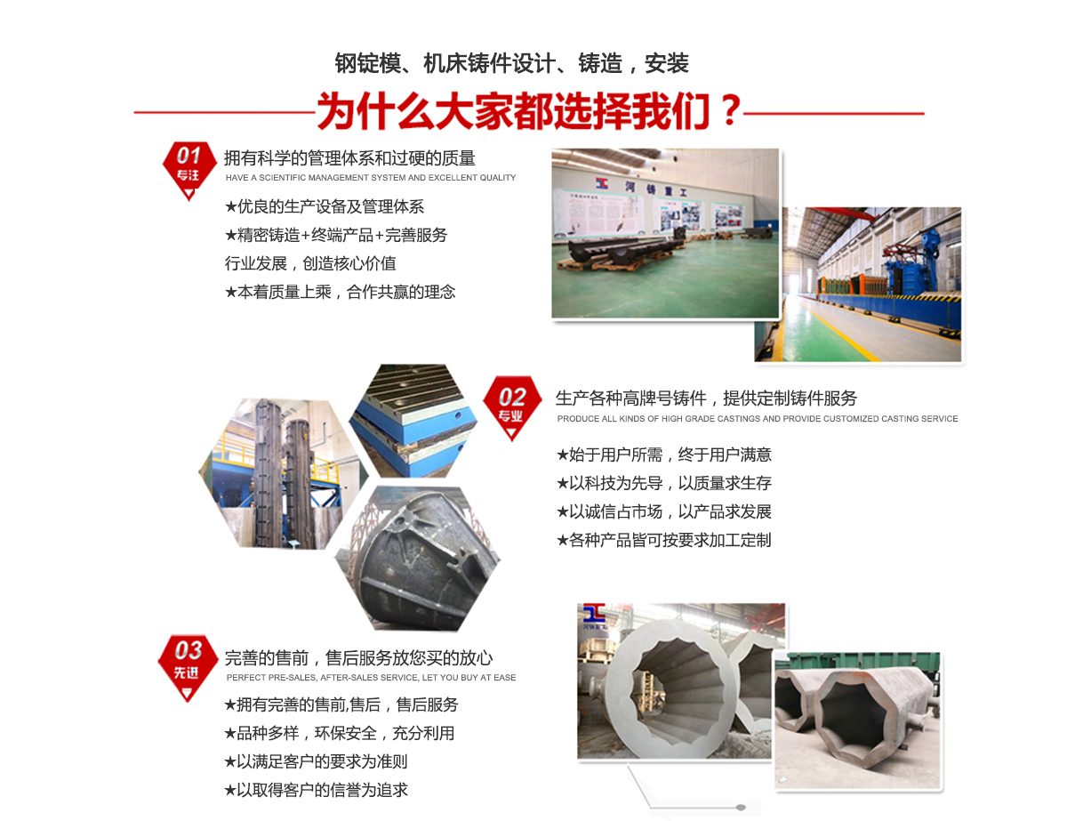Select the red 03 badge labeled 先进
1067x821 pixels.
pyautogui.click(x=188, y=663)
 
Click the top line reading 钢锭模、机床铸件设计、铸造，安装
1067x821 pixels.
pyautogui.click(x=511, y=63)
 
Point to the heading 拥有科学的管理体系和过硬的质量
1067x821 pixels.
pyautogui.click(x=349, y=158)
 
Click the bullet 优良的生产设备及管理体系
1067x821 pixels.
pyautogui.click(x=325, y=207)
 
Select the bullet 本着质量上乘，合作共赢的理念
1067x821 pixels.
pyautogui.click(x=340, y=292)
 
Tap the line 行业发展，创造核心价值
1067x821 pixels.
pyautogui.click(x=310, y=263)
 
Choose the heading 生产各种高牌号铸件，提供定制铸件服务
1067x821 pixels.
pyautogui.click(x=706, y=398)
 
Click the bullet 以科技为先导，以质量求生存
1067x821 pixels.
pyautogui.click(x=663, y=483)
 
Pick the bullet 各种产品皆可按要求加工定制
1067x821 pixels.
pyautogui.click(x=663, y=540)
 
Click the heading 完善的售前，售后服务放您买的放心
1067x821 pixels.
pyautogui.click(x=358, y=658)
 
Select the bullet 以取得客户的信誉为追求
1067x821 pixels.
pyautogui.click(x=316, y=790)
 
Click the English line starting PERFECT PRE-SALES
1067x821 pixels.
pyautogui.click(x=371, y=678)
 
